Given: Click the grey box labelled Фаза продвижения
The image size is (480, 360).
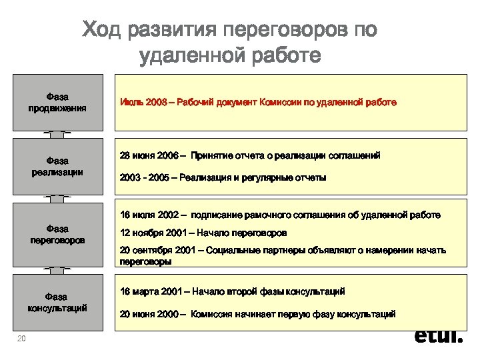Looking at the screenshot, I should [57, 102].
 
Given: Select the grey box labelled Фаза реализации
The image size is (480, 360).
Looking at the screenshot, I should [57, 166].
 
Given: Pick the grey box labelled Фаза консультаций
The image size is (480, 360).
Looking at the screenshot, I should [57, 301].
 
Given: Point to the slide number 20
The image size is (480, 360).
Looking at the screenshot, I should [21, 339].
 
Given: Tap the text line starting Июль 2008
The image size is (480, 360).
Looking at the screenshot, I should [258, 103].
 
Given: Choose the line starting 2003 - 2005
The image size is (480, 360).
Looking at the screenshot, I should [223, 177].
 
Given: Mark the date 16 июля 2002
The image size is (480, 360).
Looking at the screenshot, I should [149, 215].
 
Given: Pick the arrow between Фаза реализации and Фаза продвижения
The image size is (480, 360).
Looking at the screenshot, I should [57, 134].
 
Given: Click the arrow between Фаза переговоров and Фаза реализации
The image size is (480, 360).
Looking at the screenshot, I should [57, 199].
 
